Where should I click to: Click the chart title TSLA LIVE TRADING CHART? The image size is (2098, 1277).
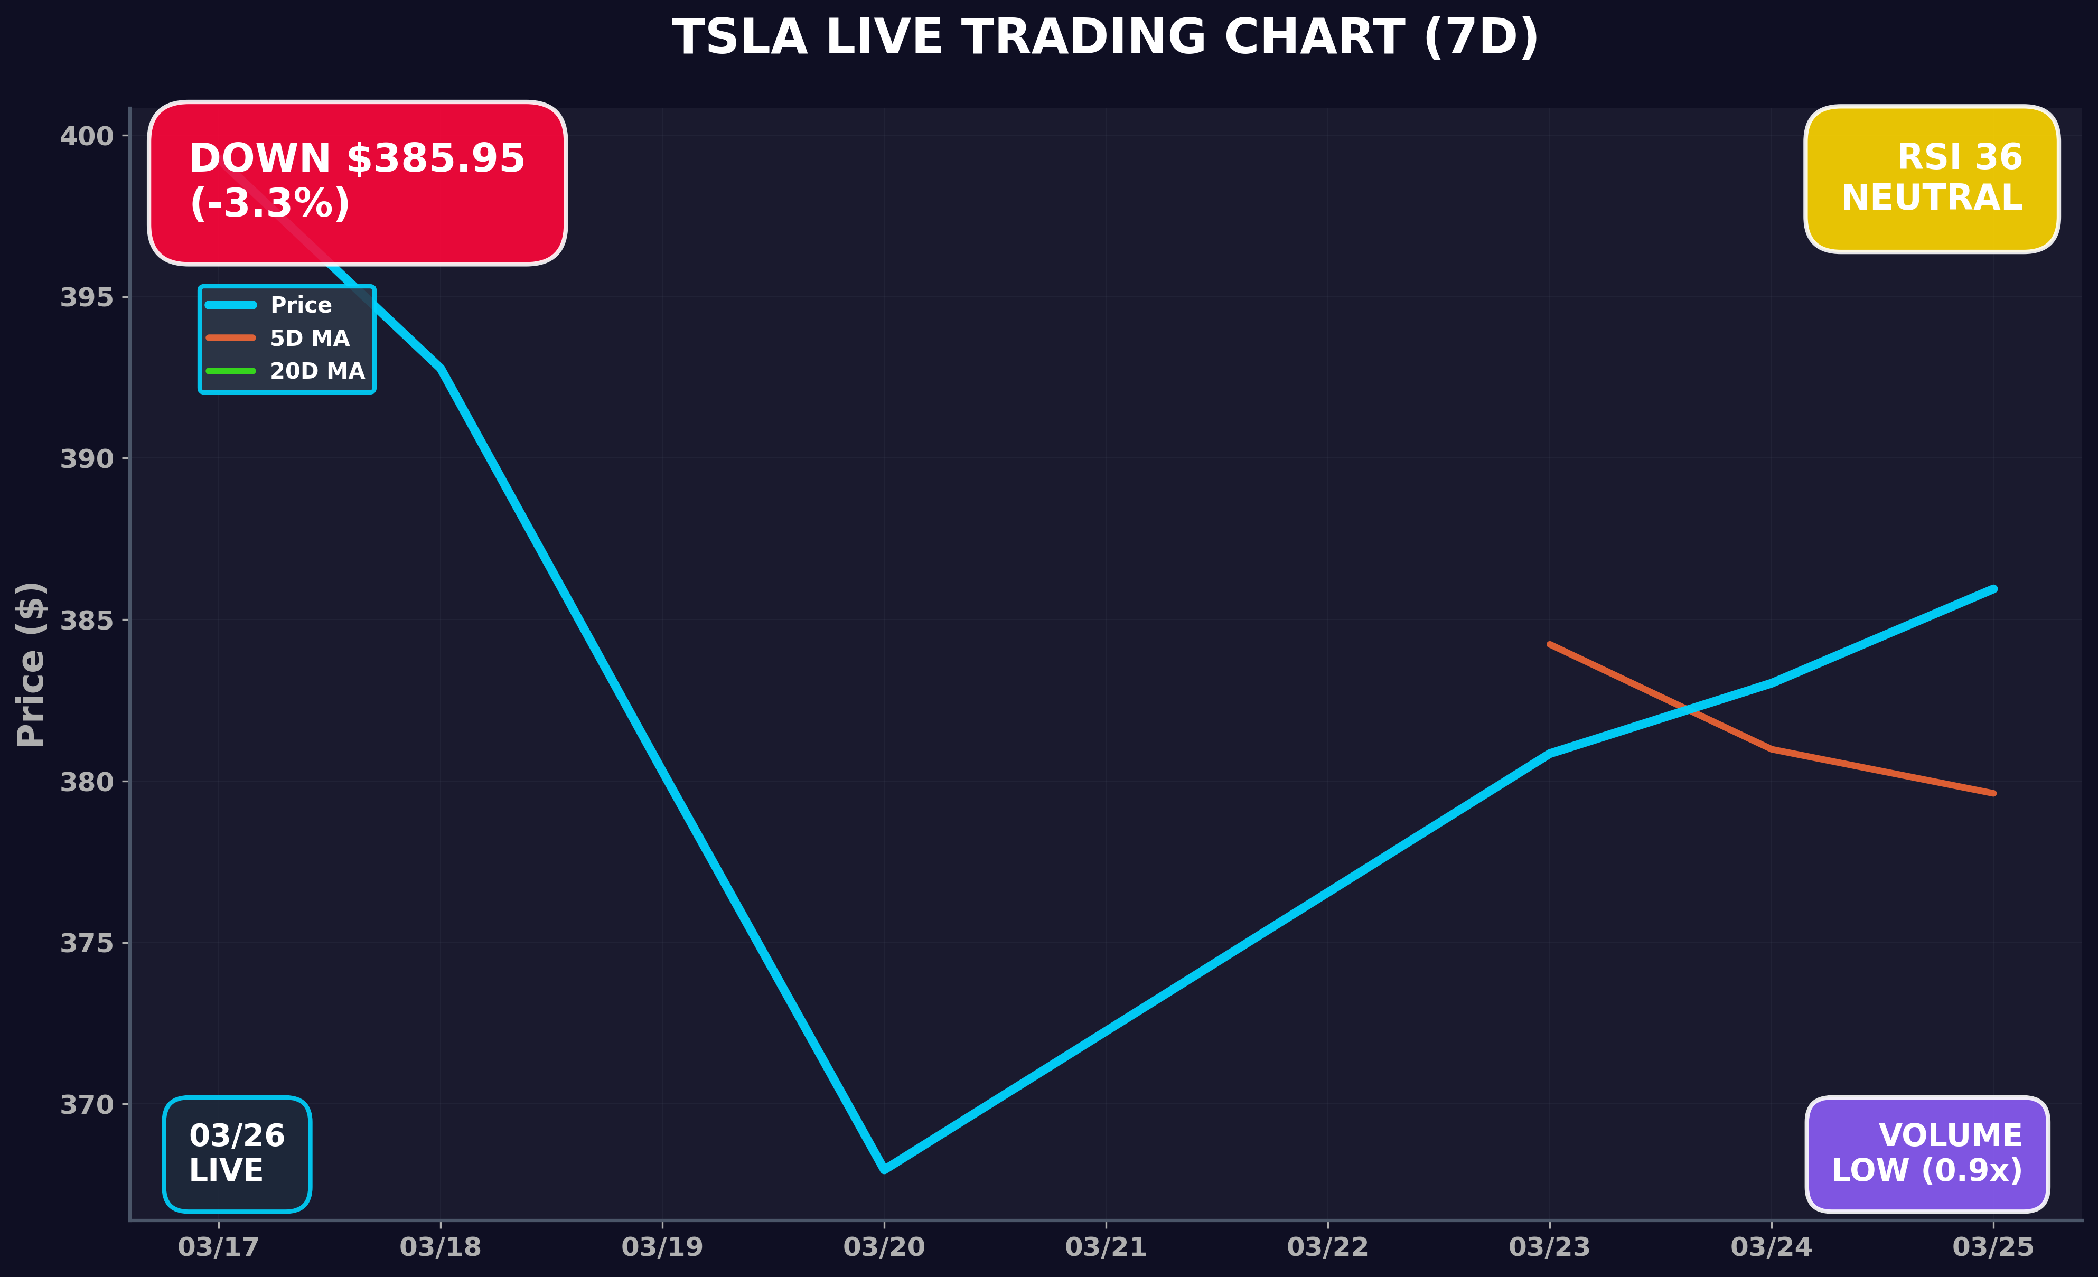tap(1105, 39)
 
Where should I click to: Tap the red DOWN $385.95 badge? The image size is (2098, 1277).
tap(357, 182)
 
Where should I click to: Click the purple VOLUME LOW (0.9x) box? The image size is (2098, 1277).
tap(1927, 1153)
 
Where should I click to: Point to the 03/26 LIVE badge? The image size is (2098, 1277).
tap(237, 1153)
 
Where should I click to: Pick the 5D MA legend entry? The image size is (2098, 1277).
tap(309, 338)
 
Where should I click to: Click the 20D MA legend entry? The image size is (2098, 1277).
tap(317, 371)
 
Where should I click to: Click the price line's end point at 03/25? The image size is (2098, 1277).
tap(1993, 588)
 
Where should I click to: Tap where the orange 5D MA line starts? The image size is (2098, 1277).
tap(1550, 644)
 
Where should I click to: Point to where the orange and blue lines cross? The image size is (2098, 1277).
tap(1687, 708)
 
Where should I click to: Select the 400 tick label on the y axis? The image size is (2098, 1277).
tap(86, 136)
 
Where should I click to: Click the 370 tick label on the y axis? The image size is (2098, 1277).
tap(86, 1105)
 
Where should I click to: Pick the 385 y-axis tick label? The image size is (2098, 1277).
tap(86, 621)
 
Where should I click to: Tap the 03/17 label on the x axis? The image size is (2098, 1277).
tap(218, 1247)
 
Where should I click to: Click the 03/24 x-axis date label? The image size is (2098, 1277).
tap(1771, 1247)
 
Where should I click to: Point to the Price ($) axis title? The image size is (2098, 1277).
tap(31, 664)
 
